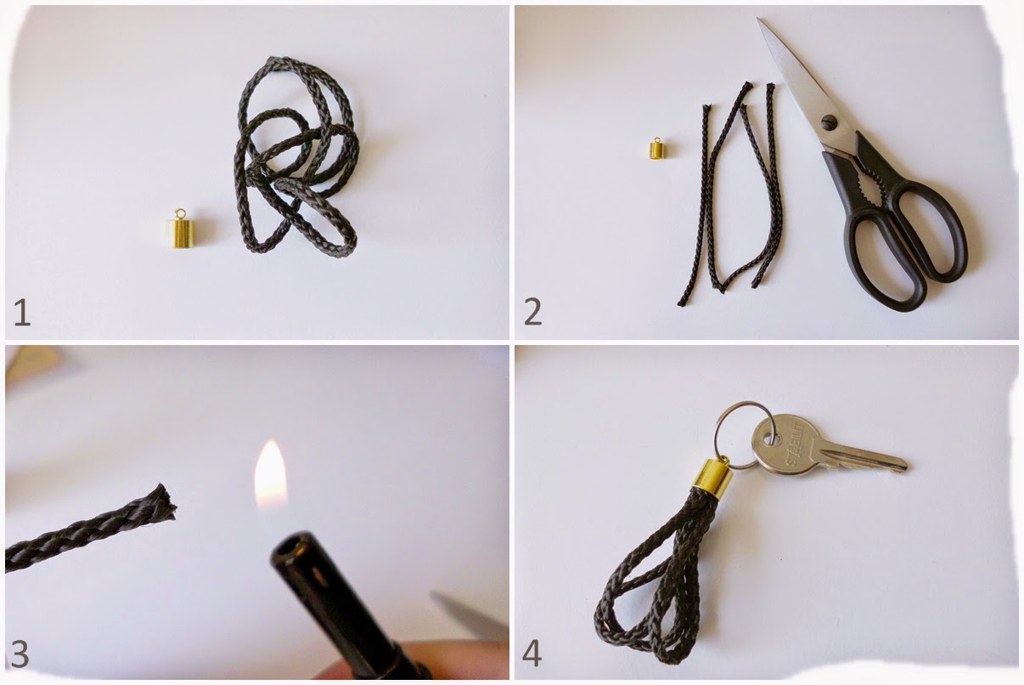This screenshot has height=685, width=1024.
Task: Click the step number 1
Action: [x=23, y=312]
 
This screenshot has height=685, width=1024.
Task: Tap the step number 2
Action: [x=532, y=312]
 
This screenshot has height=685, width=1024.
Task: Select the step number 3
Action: [x=20, y=654]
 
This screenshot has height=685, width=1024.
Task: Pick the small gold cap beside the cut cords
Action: [x=657, y=150]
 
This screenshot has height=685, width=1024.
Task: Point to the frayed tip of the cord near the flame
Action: [x=166, y=502]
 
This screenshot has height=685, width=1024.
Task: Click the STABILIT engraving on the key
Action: [x=795, y=443]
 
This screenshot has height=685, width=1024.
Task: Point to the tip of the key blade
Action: [x=905, y=467]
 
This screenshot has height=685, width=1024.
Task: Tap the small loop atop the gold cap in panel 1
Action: [x=180, y=213]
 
